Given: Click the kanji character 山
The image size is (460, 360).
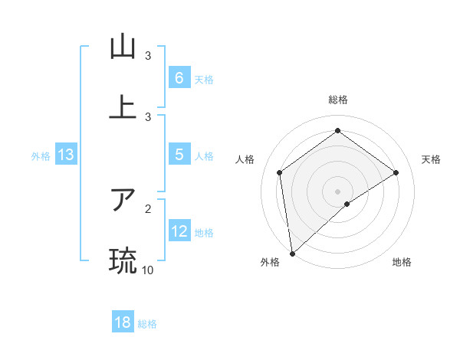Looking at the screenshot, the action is click(x=123, y=47).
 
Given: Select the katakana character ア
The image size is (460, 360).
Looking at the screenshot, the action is click(x=123, y=200).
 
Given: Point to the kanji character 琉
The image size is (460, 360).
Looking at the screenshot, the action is click(x=123, y=260).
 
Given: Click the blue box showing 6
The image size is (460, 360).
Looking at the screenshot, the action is click(x=179, y=78).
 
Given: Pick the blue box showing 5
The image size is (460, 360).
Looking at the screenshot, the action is click(x=179, y=155).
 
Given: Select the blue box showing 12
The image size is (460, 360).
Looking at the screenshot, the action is click(x=179, y=231).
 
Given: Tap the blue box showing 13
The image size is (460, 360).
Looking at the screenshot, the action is click(x=66, y=155).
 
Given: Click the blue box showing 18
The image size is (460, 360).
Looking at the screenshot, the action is click(x=123, y=322).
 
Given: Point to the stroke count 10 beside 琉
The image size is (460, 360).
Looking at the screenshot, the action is click(x=147, y=270).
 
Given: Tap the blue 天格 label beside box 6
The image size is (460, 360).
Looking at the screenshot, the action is click(x=203, y=79).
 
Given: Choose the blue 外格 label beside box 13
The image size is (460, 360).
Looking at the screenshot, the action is click(x=41, y=155).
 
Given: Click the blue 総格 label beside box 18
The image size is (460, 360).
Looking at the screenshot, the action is click(x=147, y=323).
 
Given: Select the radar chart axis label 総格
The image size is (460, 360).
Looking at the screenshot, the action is click(x=337, y=100).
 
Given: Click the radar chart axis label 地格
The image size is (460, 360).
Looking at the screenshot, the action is click(x=402, y=263).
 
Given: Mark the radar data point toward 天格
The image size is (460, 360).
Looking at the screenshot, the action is click(x=396, y=172).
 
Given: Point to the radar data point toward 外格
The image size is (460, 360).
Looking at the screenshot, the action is click(x=292, y=253).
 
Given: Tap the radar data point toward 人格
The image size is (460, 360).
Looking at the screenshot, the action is click(x=280, y=172).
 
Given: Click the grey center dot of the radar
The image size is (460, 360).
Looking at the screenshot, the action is click(x=337, y=191).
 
